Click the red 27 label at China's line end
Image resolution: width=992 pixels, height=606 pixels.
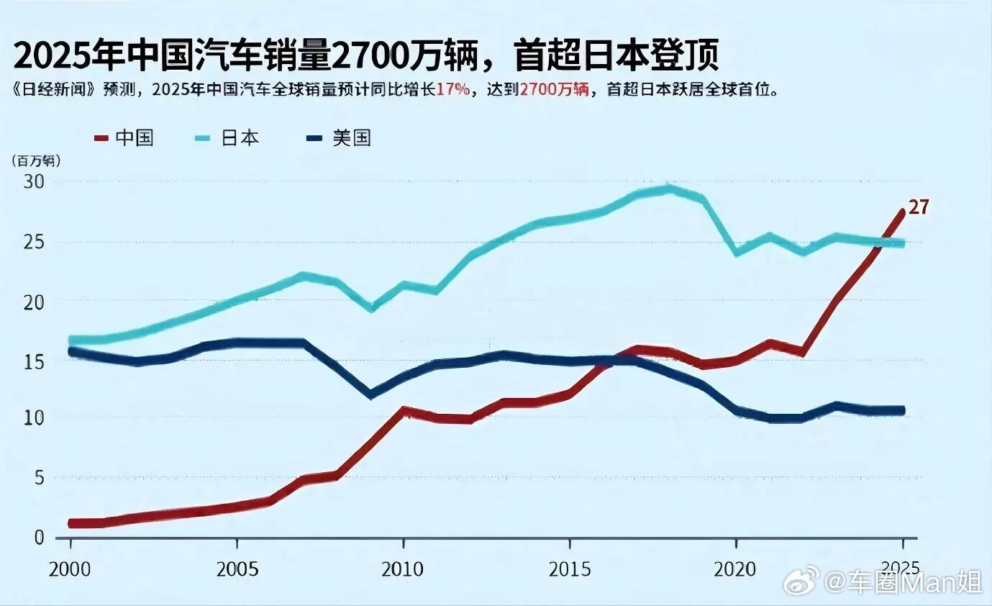click(x=919, y=207)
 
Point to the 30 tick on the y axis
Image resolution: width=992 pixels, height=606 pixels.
click(x=34, y=181)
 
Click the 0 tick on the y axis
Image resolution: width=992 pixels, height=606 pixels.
click(x=39, y=537)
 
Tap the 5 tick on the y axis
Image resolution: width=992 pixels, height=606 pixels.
click(x=39, y=478)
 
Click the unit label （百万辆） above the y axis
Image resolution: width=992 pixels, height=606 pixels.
click(x=35, y=160)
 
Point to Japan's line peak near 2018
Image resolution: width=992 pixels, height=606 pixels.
click(x=669, y=189)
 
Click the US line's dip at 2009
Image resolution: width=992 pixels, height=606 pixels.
click(x=370, y=394)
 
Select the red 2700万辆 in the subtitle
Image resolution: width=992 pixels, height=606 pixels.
click(x=555, y=91)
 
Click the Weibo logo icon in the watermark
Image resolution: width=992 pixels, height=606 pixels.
click(x=801, y=580)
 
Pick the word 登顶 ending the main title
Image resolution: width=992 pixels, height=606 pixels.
click(x=683, y=57)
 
